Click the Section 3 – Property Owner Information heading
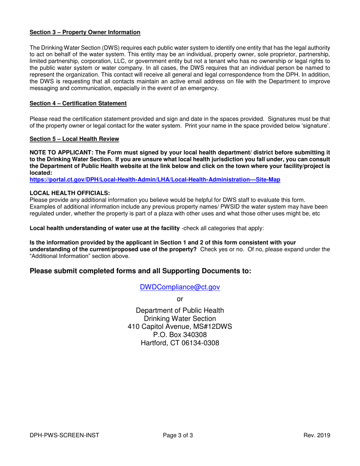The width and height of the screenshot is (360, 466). [x=85, y=32]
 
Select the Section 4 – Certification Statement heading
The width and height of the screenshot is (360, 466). [x=78, y=103]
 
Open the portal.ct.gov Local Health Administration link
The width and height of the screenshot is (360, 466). [x=155, y=180]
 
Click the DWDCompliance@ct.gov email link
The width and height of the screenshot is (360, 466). [x=180, y=287]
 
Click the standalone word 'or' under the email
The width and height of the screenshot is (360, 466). [x=180, y=299]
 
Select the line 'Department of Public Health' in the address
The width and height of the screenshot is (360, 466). [x=180, y=311]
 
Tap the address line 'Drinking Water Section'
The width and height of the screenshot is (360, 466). [x=180, y=319]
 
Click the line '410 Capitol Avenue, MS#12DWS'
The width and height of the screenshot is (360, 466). [x=180, y=327]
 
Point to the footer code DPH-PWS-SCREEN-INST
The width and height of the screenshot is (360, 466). [x=64, y=435]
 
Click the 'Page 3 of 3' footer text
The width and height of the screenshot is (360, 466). [x=178, y=435]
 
